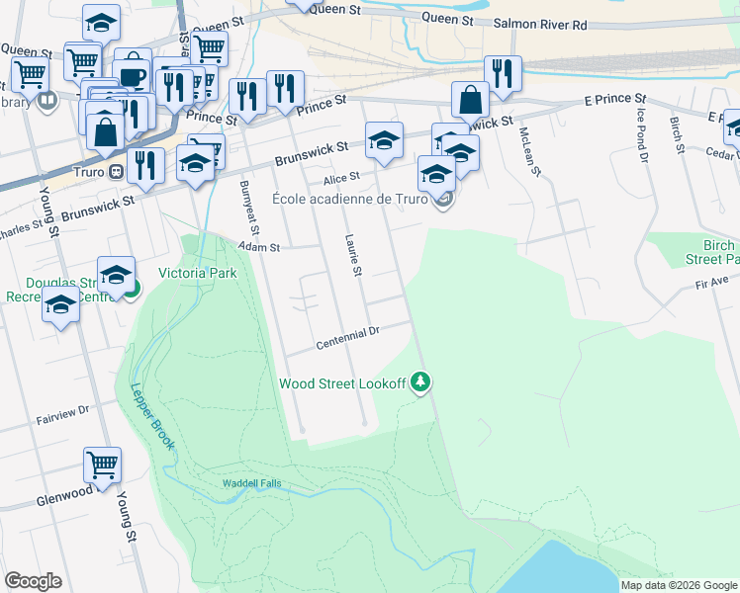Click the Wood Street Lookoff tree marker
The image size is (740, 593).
click(x=421, y=381)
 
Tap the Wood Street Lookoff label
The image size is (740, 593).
click(x=342, y=383)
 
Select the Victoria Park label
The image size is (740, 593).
click(x=198, y=273)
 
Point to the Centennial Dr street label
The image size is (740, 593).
click(x=348, y=339)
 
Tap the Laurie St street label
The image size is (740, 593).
click(x=352, y=255)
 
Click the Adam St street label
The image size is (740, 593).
click(x=261, y=248)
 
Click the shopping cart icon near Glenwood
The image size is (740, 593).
click(x=102, y=465)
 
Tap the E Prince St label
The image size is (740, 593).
click(x=614, y=100)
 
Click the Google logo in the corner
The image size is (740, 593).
click(x=33, y=581)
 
